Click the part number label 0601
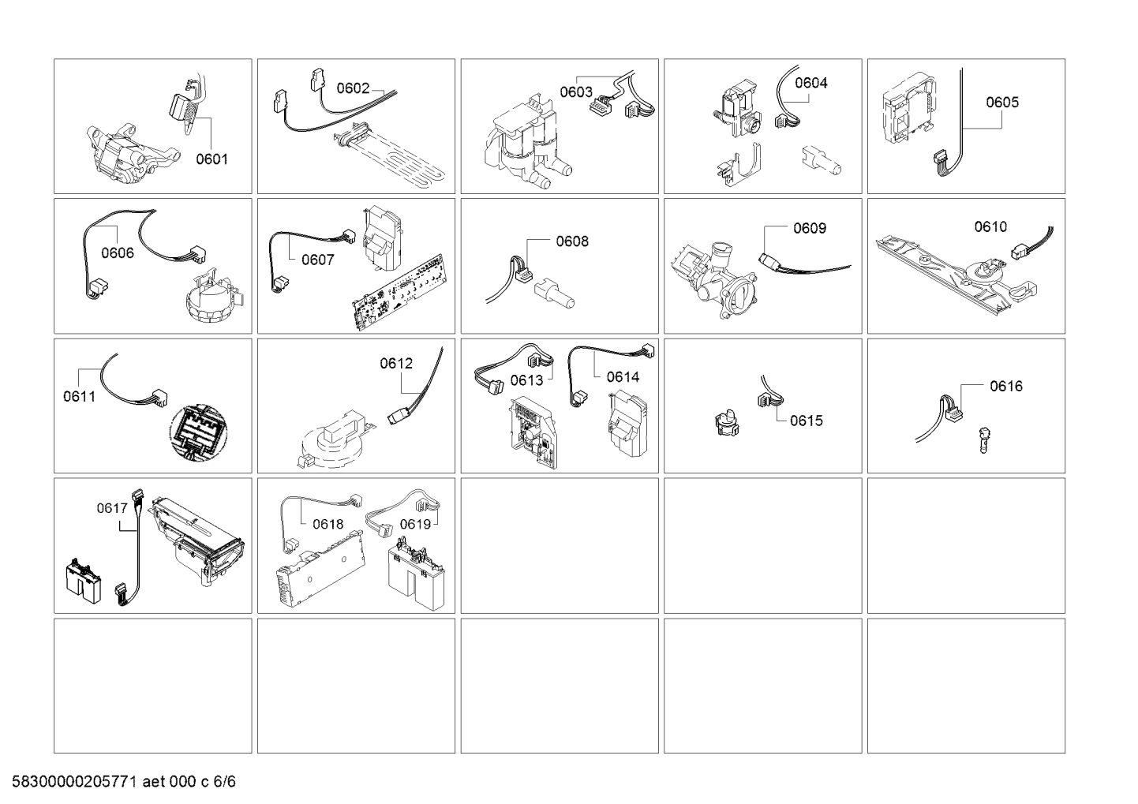point(212,159)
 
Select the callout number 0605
point(1002,103)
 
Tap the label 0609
point(810,229)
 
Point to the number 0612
point(396,364)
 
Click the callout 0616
point(1006,387)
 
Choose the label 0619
point(416,524)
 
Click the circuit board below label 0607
point(400,292)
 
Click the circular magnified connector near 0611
point(198,433)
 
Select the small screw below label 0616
point(983,439)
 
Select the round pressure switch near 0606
point(218,297)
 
